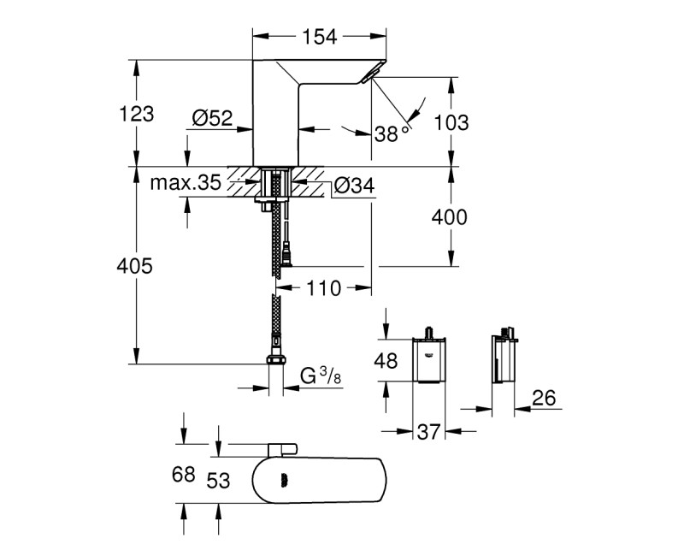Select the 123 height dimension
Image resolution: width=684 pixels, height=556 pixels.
pyautogui.click(x=137, y=114)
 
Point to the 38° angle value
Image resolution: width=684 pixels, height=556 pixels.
pyautogui.click(x=391, y=132)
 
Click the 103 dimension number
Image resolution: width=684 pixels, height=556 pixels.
pyautogui.click(x=451, y=122)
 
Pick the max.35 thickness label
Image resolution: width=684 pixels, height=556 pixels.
pyautogui.click(x=186, y=182)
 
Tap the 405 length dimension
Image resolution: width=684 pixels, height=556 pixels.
pyautogui.click(x=134, y=267)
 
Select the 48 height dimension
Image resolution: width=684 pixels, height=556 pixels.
pyautogui.click(x=386, y=361)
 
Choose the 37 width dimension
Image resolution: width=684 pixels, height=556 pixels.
pyautogui.click(x=428, y=433)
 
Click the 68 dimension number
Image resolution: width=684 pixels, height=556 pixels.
pyautogui.click(x=184, y=474)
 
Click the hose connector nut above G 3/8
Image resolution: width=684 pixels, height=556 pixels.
pyautogui.click(x=274, y=360)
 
